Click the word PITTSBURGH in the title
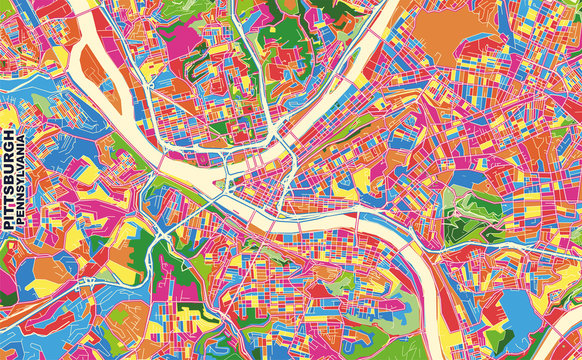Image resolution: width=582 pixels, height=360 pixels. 9,180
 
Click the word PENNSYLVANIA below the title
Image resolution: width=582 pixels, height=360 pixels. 21,180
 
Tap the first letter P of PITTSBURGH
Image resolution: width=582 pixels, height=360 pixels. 9,227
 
